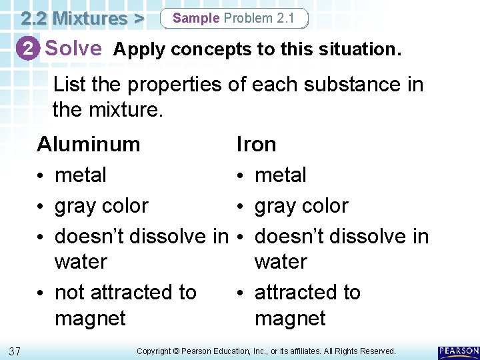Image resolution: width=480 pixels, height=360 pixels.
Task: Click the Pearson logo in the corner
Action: tap(459, 351)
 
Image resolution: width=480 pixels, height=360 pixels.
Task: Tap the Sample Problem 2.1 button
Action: tap(234, 18)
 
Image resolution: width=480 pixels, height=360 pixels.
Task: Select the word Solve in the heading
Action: tap(73, 49)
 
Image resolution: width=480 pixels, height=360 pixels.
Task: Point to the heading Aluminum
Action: tap(88, 144)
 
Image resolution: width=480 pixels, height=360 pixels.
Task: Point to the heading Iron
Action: tap(257, 144)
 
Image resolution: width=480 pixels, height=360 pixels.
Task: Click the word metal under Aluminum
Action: tap(81, 175)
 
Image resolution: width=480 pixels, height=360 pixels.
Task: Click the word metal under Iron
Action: tap(281, 175)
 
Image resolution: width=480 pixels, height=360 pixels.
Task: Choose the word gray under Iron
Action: tap(276, 206)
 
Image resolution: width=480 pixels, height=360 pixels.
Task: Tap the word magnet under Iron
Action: tap(290, 318)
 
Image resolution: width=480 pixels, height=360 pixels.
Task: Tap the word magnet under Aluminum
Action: tap(90, 318)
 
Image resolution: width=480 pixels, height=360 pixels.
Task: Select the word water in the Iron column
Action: tap(281, 261)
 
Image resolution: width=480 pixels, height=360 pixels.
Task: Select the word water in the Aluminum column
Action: tap(81, 261)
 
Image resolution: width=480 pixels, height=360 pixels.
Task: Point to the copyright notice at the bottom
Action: tap(266, 351)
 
